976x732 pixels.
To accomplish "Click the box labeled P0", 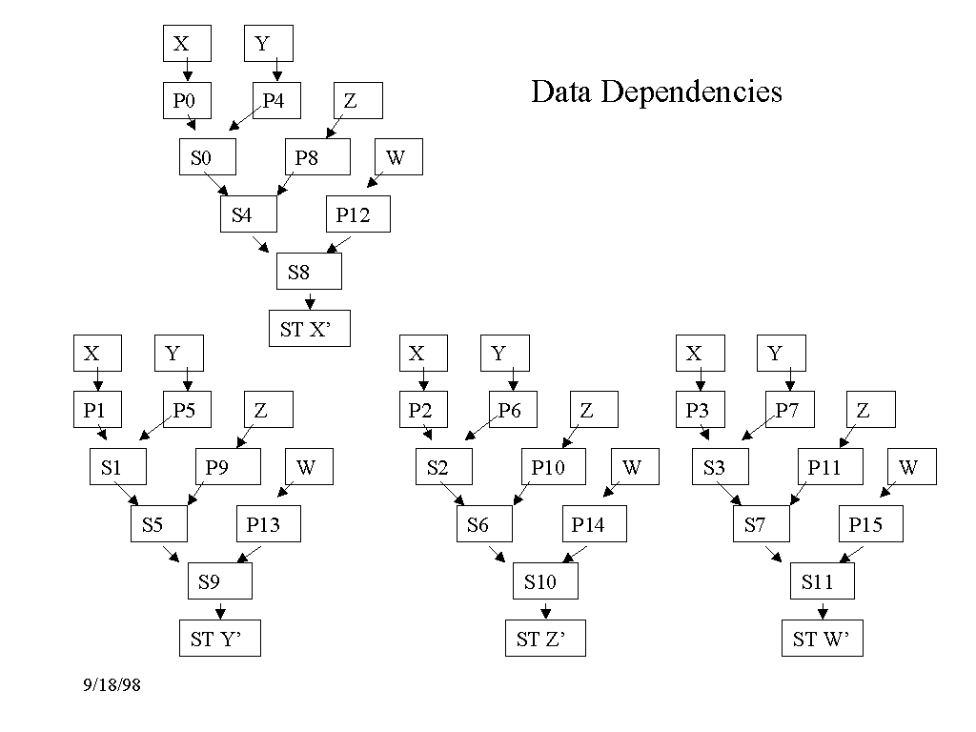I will [x=186, y=100].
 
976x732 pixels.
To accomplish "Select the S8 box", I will [x=309, y=272].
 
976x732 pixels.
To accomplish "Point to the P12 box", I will [x=359, y=214].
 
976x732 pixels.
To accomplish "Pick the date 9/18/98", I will [x=112, y=684].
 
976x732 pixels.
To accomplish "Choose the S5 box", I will [x=159, y=523].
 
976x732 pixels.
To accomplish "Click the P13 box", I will [x=269, y=523].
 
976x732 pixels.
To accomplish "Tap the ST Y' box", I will [x=219, y=638].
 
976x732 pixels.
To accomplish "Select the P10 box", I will [x=553, y=467].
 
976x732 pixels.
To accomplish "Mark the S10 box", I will [x=545, y=581].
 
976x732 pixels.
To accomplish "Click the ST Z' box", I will [x=545, y=638].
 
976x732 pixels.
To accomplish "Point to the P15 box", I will [x=871, y=523].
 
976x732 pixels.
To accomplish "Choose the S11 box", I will [x=822, y=581].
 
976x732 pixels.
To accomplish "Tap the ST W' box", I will [x=822, y=638].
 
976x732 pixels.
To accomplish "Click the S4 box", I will [x=248, y=214].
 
